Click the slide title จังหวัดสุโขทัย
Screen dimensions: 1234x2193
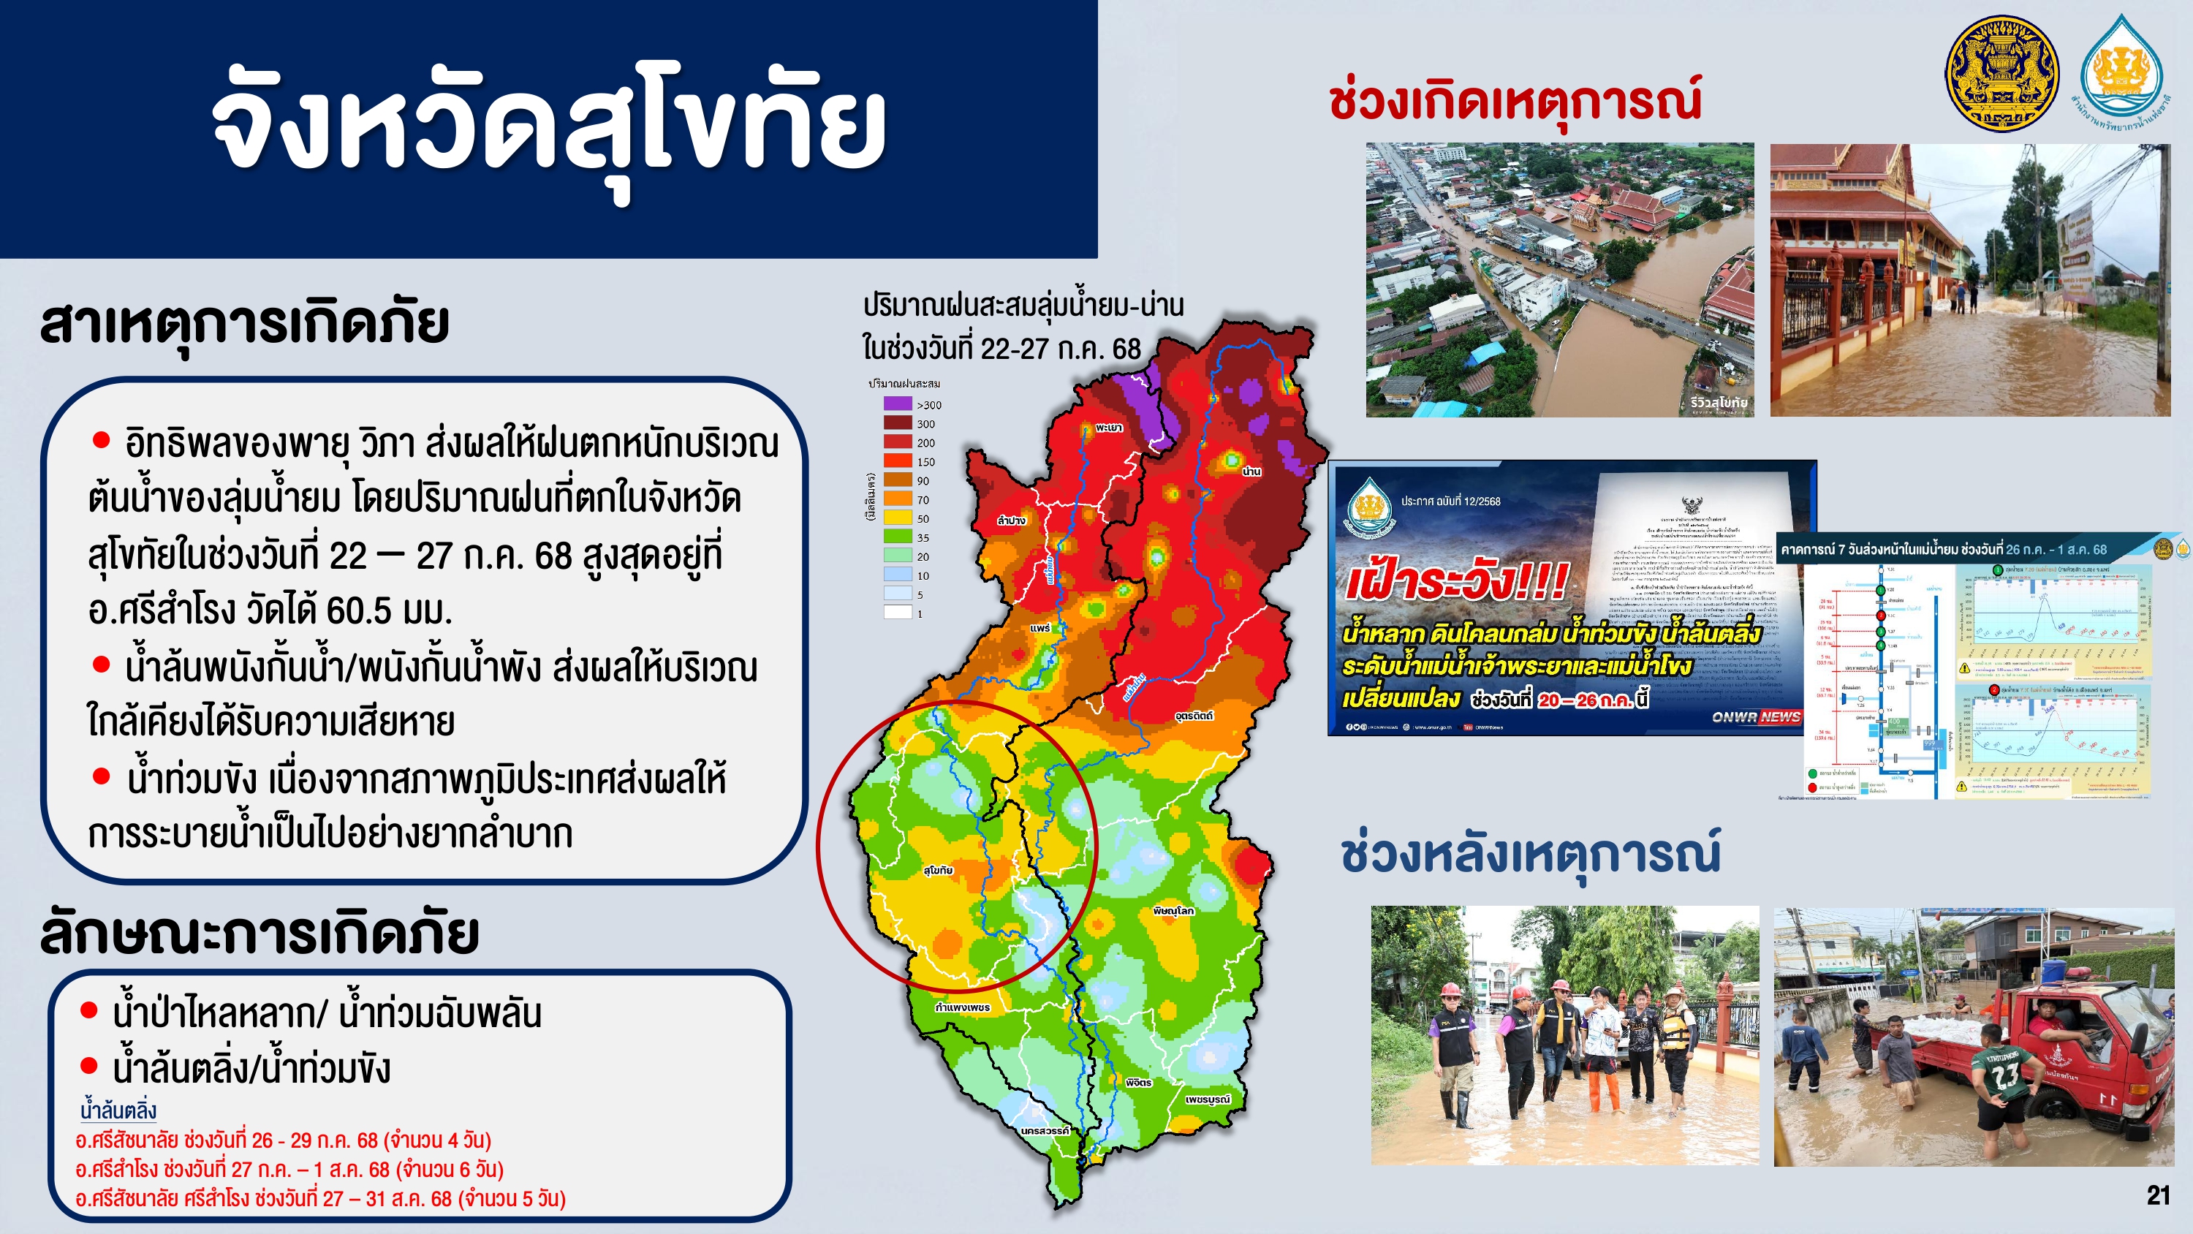pyautogui.click(x=549, y=128)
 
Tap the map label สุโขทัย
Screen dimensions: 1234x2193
pyautogui.click(x=937, y=871)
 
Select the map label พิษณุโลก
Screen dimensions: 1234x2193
pyautogui.click(x=1173, y=910)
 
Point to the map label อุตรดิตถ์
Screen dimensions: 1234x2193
pyautogui.click(x=1194, y=716)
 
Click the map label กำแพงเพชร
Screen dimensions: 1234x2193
pyautogui.click(x=962, y=1007)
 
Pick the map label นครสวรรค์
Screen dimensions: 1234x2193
pyautogui.click(x=1045, y=1130)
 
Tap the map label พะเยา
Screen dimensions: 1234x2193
pyautogui.click(x=1108, y=428)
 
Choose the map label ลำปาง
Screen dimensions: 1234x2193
pyautogui.click(x=1012, y=521)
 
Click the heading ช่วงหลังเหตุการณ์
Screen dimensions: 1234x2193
pyautogui.click(x=1530, y=853)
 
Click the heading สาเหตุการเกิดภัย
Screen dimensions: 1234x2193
pyautogui.click(x=244, y=324)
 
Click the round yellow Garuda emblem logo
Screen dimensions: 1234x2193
pyautogui.click(x=2001, y=73)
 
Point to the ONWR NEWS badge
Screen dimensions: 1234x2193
pyautogui.click(x=1755, y=717)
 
